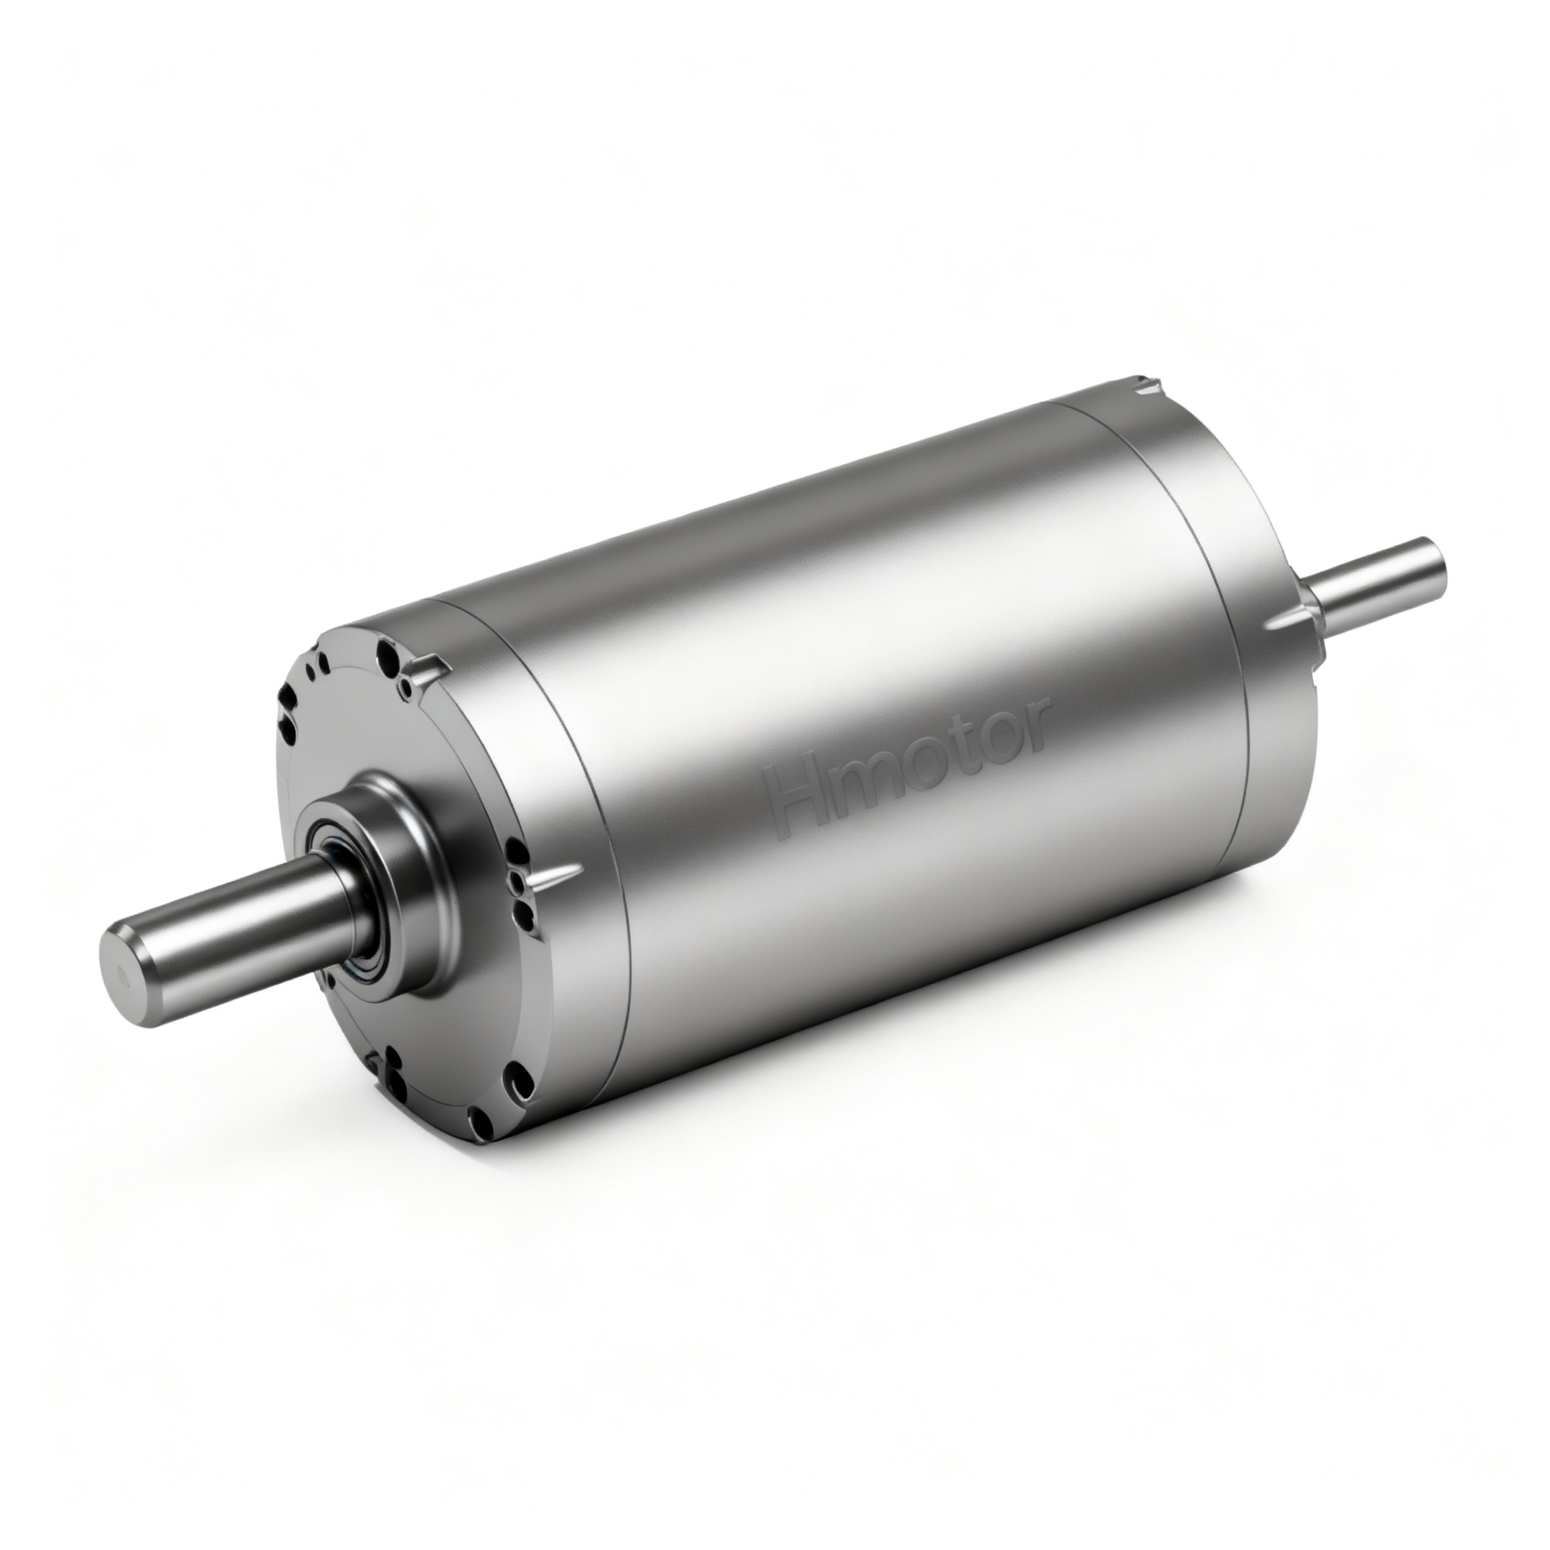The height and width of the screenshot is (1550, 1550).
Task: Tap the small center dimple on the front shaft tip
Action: point(122,977)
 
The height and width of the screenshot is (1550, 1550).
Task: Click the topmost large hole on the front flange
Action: point(388,649)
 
